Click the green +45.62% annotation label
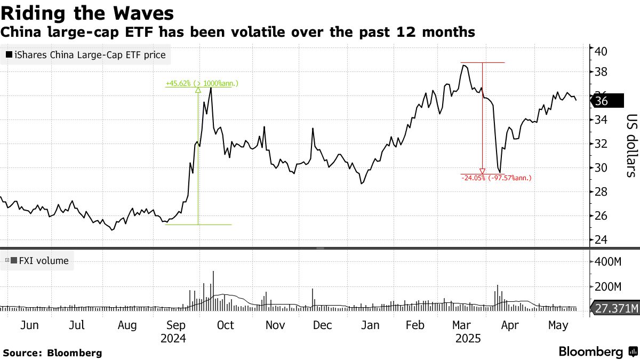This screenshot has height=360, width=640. pos(202,83)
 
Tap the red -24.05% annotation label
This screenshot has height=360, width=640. pos(496,178)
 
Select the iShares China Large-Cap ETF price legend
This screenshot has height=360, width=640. pos(85,54)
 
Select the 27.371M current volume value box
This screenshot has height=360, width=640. pos(615,309)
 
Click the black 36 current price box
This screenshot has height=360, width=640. pos(608,101)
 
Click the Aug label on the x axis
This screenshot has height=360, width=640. pos(127,325)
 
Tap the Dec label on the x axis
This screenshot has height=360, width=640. pos(322,325)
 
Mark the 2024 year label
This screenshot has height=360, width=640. pos(173,339)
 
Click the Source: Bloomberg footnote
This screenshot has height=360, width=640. pos(52,353)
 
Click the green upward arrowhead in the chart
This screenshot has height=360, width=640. pos(198,90)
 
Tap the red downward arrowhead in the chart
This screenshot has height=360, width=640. pos(482,171)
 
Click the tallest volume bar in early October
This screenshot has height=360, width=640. pos(213,290)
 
